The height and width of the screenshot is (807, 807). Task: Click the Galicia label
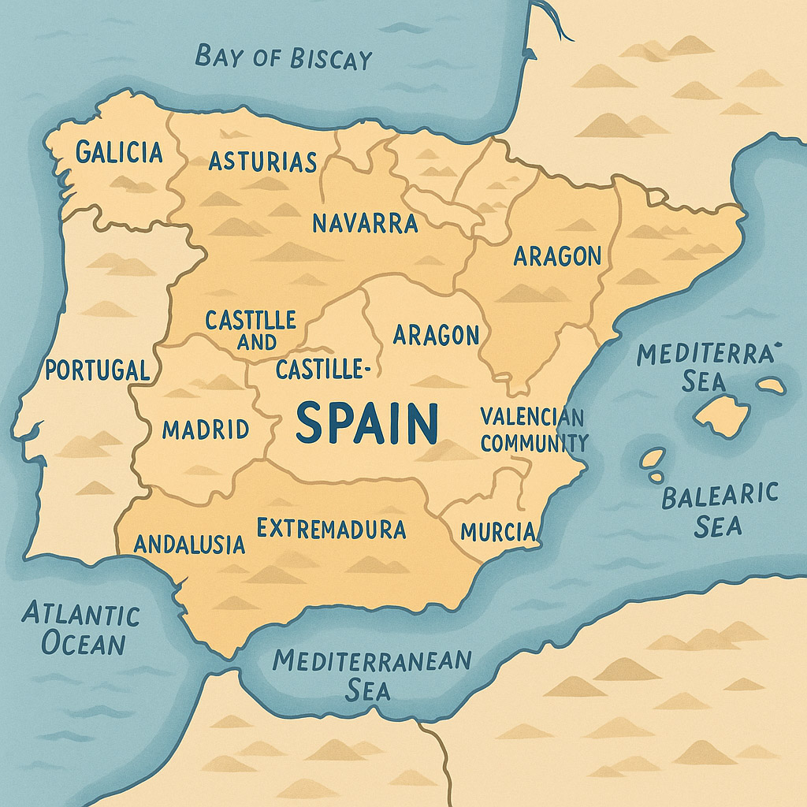pos(119,151)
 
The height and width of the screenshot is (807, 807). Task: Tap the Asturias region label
pos(262,162)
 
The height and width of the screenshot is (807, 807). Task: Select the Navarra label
pos(365,223)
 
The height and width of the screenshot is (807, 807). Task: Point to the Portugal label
pos(97,370)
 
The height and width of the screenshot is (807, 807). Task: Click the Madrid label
pos(206,430)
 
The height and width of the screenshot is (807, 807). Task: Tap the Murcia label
pos(498,531)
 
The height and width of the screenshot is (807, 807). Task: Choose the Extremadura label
pos(332,528)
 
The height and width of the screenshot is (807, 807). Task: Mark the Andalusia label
pos(189,544)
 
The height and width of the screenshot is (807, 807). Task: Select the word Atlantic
pos(81,614)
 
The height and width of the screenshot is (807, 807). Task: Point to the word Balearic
pos(720,496)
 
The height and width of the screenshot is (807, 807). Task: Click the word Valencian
pos(532,416)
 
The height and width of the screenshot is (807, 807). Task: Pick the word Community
pos(534,443)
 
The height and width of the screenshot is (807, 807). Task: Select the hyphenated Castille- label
pos(323,368)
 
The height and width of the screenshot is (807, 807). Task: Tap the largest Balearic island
pos(720,415)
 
